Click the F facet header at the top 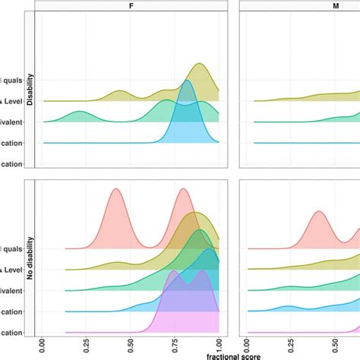[130, 5]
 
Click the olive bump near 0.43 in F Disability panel [118, 92]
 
